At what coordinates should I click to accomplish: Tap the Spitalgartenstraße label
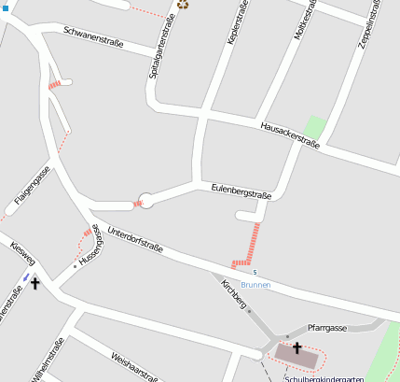point(162,52)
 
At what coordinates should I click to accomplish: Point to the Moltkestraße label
point(300,28)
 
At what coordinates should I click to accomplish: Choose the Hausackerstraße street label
point(290,134)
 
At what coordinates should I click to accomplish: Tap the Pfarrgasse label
point(327,328)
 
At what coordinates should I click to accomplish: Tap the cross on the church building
point(297,349)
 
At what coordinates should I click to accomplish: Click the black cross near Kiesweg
point(36,282)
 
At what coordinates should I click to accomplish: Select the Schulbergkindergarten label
point(324,378)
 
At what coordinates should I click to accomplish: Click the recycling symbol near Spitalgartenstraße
point(183,5)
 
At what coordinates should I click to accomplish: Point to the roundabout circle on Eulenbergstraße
point(145,200)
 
